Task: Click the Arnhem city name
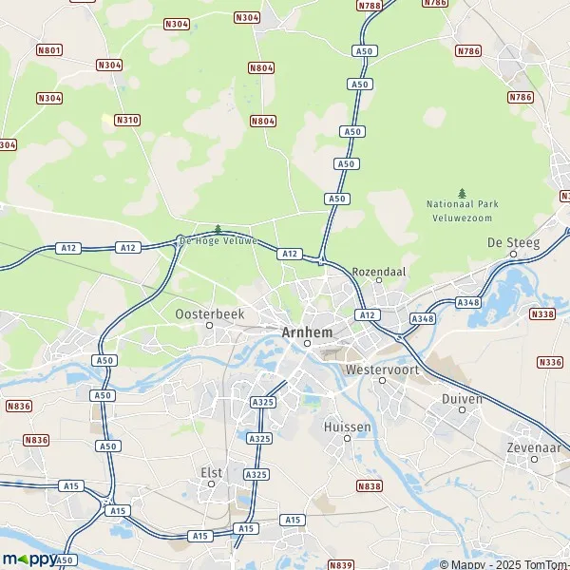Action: [x=306, y=332]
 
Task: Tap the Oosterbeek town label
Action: [x=210, y=313]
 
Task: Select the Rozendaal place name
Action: [x=378, y=270]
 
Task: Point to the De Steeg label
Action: [x=513, y=243]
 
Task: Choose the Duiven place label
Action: [x=462, y=399]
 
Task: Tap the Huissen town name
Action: [x=347, y=427]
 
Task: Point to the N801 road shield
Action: [x=50, y=49]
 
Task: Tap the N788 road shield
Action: [x=369, y=6]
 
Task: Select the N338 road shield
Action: [x=543, y=313]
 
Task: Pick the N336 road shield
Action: [x=549, y=362]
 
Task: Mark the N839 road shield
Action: [x=341, y=564]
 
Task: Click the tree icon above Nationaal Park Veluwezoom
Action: [x=463, y=194]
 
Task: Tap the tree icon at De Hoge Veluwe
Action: [x=218, y=229]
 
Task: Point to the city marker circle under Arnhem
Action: [x=307, y=344]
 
